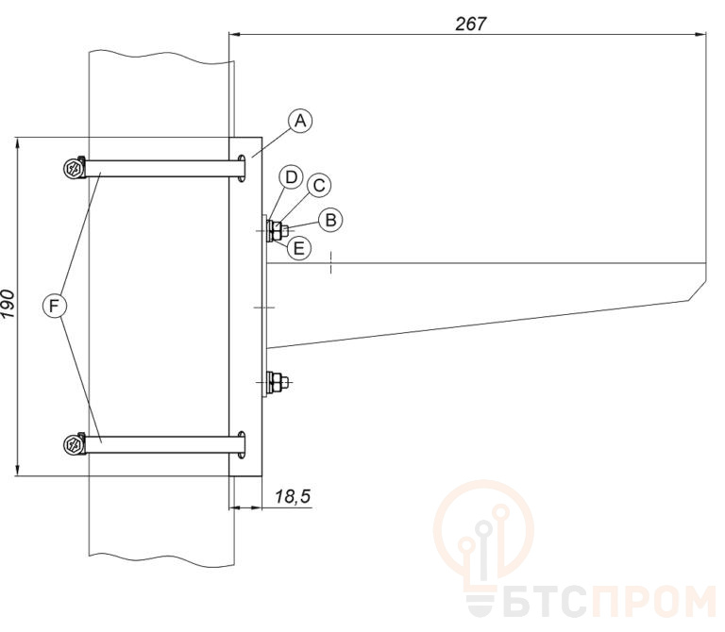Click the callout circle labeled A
[x=300, y=121]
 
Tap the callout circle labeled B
[x=330, y=220]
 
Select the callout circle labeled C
[x=319, y=186]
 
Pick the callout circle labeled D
[x=291, y=177]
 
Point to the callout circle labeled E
[x=299, y=248]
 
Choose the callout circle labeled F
[x=55, y=306]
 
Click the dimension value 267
[x=471, y=24]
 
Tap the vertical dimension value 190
[x=8, y=304]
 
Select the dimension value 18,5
[x=294, y=496]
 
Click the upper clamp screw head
[x=74, y=168]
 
